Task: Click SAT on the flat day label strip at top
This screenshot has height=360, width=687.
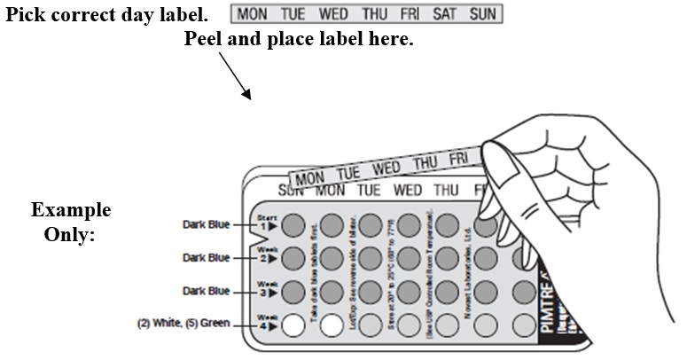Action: (x=444, y=15)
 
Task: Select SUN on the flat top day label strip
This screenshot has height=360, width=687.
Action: (x=482, y=15)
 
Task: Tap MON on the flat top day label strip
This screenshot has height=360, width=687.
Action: (x=252, y=15)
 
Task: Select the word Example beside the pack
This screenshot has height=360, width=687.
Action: (x=71, y=211)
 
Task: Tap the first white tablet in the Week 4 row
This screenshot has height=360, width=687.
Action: (x=294, y=325)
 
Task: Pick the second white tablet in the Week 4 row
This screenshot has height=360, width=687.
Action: (x=331, y=325)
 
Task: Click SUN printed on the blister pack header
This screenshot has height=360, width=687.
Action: (x=291, y=189)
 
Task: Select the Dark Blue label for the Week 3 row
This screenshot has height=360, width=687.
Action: (x=207, y=291)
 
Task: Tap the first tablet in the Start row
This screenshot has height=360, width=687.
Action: (x=295, y=225)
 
